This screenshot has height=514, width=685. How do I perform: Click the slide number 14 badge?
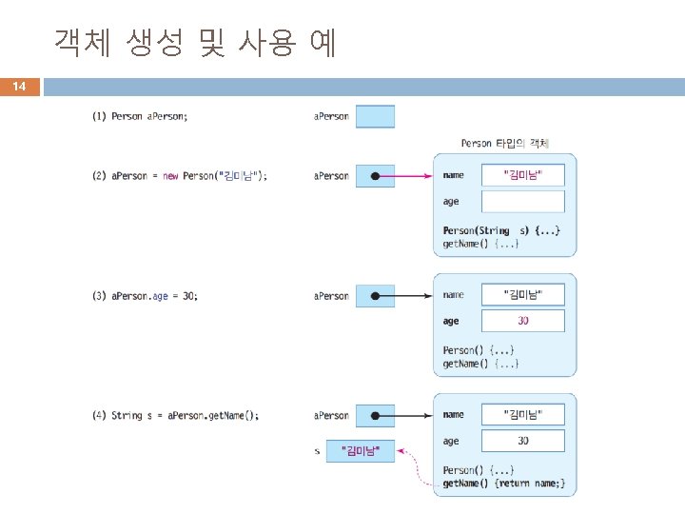click(19, 87)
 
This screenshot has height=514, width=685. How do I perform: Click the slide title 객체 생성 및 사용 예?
click(195, 43)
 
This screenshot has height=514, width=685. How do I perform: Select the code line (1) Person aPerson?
click(140, 117)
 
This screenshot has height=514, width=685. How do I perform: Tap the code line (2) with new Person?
click(180, 176)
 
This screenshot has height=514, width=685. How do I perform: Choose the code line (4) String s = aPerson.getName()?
click(175, 416)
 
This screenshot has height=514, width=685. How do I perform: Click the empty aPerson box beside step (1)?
click(375, 116)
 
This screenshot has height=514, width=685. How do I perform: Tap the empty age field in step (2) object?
click(522, 202)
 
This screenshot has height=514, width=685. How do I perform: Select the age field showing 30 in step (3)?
click(522, 322)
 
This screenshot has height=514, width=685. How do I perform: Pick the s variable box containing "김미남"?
click(360, 450)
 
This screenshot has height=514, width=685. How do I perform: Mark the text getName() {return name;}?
click(503, 484)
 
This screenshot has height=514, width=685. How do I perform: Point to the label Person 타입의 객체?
click(505, 143)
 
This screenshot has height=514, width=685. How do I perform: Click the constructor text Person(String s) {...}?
click(501, 230)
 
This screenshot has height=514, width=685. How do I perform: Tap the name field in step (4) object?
click(522, 415)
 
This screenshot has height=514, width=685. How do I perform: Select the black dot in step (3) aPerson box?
click(376, 296)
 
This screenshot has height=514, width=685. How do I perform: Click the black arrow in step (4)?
click(409, 416)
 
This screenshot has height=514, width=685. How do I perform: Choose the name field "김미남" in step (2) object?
click(522, 175)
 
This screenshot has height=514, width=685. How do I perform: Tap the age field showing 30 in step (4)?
click(522, 441)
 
